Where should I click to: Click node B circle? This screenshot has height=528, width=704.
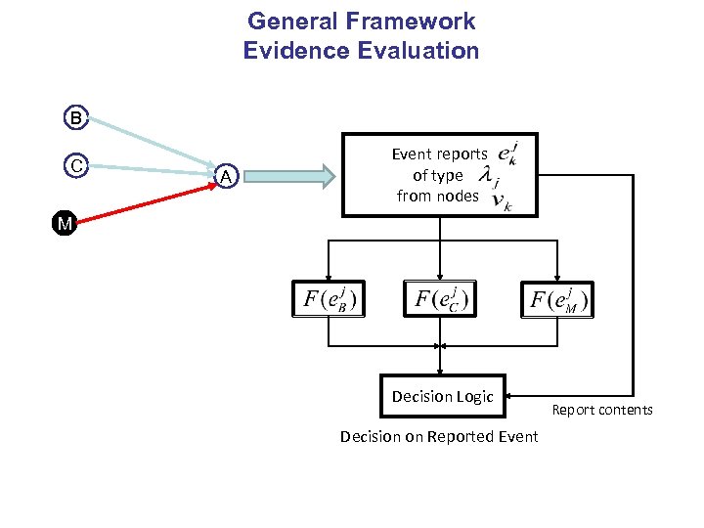click(x=76, y=118)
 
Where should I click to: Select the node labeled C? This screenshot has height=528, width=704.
click(x=76, y=165)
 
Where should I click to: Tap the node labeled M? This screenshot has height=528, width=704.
click(x=65, y=224)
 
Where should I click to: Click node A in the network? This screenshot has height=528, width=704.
click(x=226, y=176)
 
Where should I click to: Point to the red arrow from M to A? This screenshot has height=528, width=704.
click(x=147, y=199)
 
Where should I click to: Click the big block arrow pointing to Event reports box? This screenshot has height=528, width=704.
click(x=293, y=176)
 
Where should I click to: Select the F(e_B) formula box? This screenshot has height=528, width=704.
click(x=329, y=299)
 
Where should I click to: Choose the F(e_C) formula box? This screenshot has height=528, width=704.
click(x=440, y=299)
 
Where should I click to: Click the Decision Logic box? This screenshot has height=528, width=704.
click(x=442, y=396)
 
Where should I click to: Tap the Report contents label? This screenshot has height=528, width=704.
click(x=601, y=410)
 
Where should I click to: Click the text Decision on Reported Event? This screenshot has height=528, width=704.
click(x=439, y=436)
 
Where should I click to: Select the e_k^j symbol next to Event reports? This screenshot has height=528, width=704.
click(x=506, y=154)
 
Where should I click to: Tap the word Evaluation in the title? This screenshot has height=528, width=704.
click(x=417, y=51)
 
